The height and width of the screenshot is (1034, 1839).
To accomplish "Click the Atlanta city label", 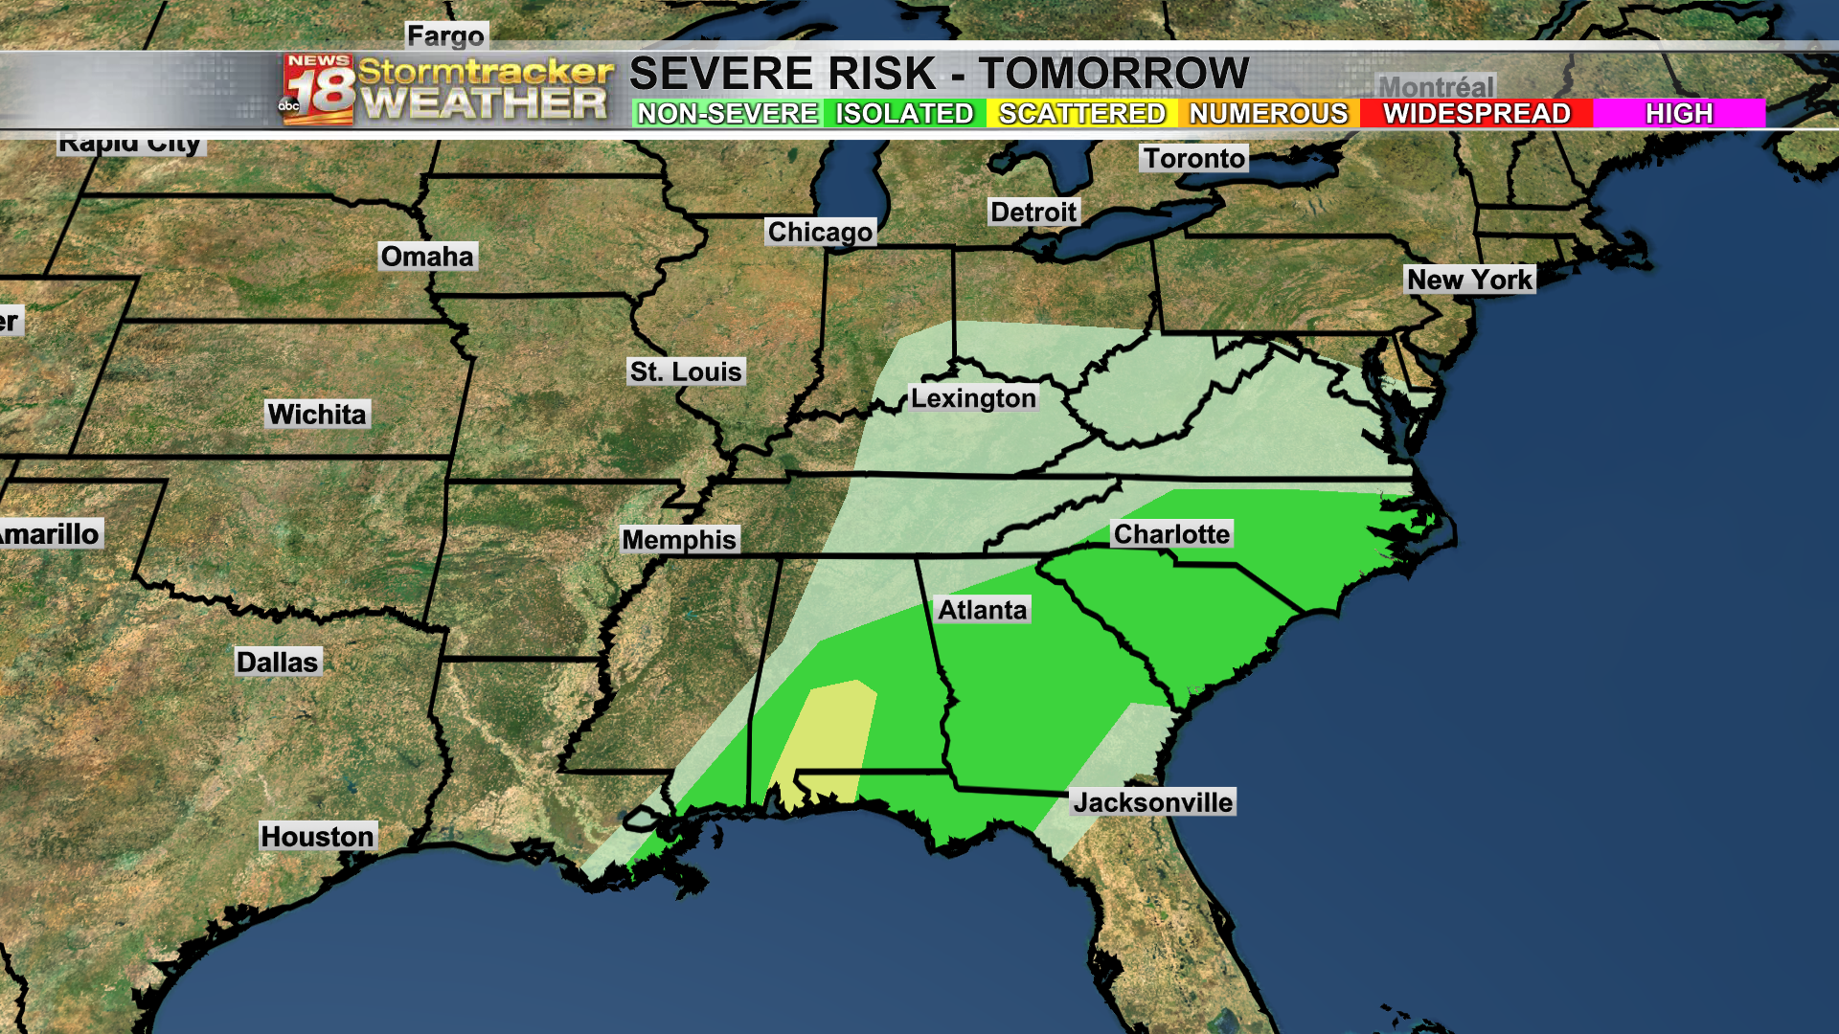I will (982, 610).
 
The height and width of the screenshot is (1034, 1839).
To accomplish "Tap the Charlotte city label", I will (1171, 534).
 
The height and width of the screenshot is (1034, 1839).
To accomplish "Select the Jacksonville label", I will (1152, 802).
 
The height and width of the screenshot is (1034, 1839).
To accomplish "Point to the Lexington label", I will (973, 398).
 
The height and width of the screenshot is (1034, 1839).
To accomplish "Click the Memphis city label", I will (679, 540).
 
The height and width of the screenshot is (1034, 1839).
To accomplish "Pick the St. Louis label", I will (686, 371).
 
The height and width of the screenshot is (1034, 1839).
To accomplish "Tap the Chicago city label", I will (820, 232).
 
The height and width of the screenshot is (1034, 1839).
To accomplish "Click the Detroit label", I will (1033, 212).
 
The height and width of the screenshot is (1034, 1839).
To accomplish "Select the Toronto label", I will (1193, 158).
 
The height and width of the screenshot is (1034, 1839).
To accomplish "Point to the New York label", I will (1469, 280).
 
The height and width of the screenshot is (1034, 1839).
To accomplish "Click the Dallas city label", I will (277, 662).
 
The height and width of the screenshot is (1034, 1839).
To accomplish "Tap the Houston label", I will (317, 836).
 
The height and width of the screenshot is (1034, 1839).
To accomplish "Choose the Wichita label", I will (317, 415).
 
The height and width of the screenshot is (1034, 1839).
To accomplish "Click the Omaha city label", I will (427, 257).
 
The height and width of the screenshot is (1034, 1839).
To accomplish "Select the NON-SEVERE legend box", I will (728, 114).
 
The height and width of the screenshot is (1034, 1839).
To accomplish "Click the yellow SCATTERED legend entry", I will (1082, 114).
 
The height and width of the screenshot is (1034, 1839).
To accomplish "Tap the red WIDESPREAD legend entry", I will (1476, 114).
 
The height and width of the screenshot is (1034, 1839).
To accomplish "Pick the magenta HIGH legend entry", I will (1679, 114).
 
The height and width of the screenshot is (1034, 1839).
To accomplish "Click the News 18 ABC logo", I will (318, 89).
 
